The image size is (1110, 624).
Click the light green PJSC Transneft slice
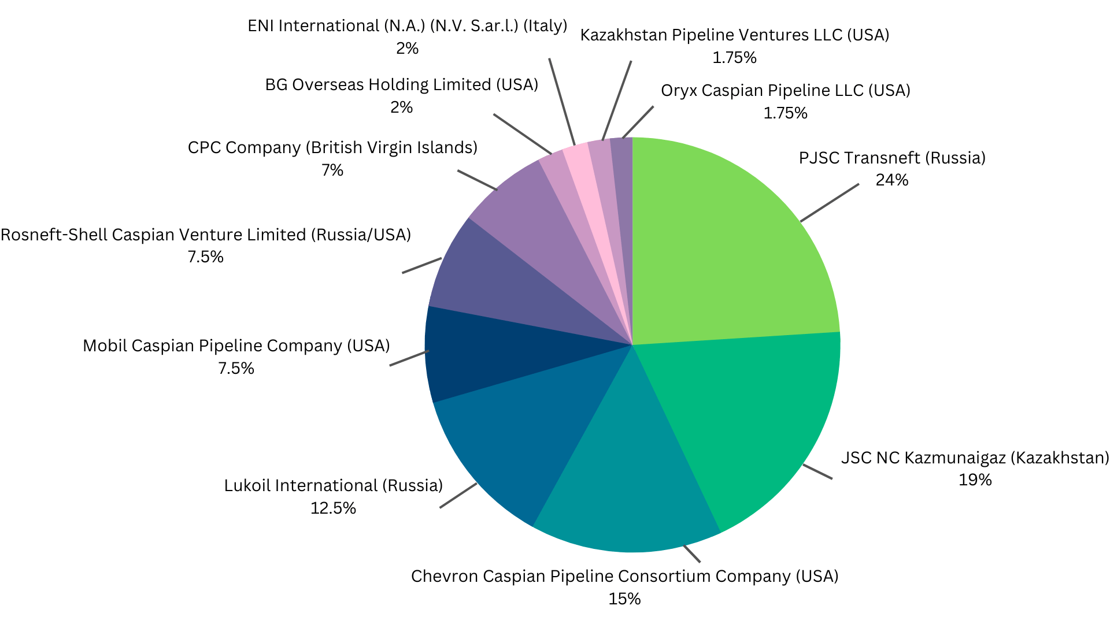734,243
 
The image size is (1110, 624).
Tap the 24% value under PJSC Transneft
892,180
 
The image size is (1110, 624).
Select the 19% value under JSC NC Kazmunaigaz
975,480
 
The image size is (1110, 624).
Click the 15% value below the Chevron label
624,599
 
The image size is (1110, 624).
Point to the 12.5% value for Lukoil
333,508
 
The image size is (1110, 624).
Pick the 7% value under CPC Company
332,170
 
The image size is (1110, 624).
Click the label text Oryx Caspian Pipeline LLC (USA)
786,91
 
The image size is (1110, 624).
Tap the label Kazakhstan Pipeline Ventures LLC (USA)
735,35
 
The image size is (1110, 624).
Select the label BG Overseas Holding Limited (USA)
402,85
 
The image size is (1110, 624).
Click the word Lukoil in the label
247,486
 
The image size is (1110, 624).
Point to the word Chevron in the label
445,577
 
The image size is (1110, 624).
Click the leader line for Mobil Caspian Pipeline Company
409,358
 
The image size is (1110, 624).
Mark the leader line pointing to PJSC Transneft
830,203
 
